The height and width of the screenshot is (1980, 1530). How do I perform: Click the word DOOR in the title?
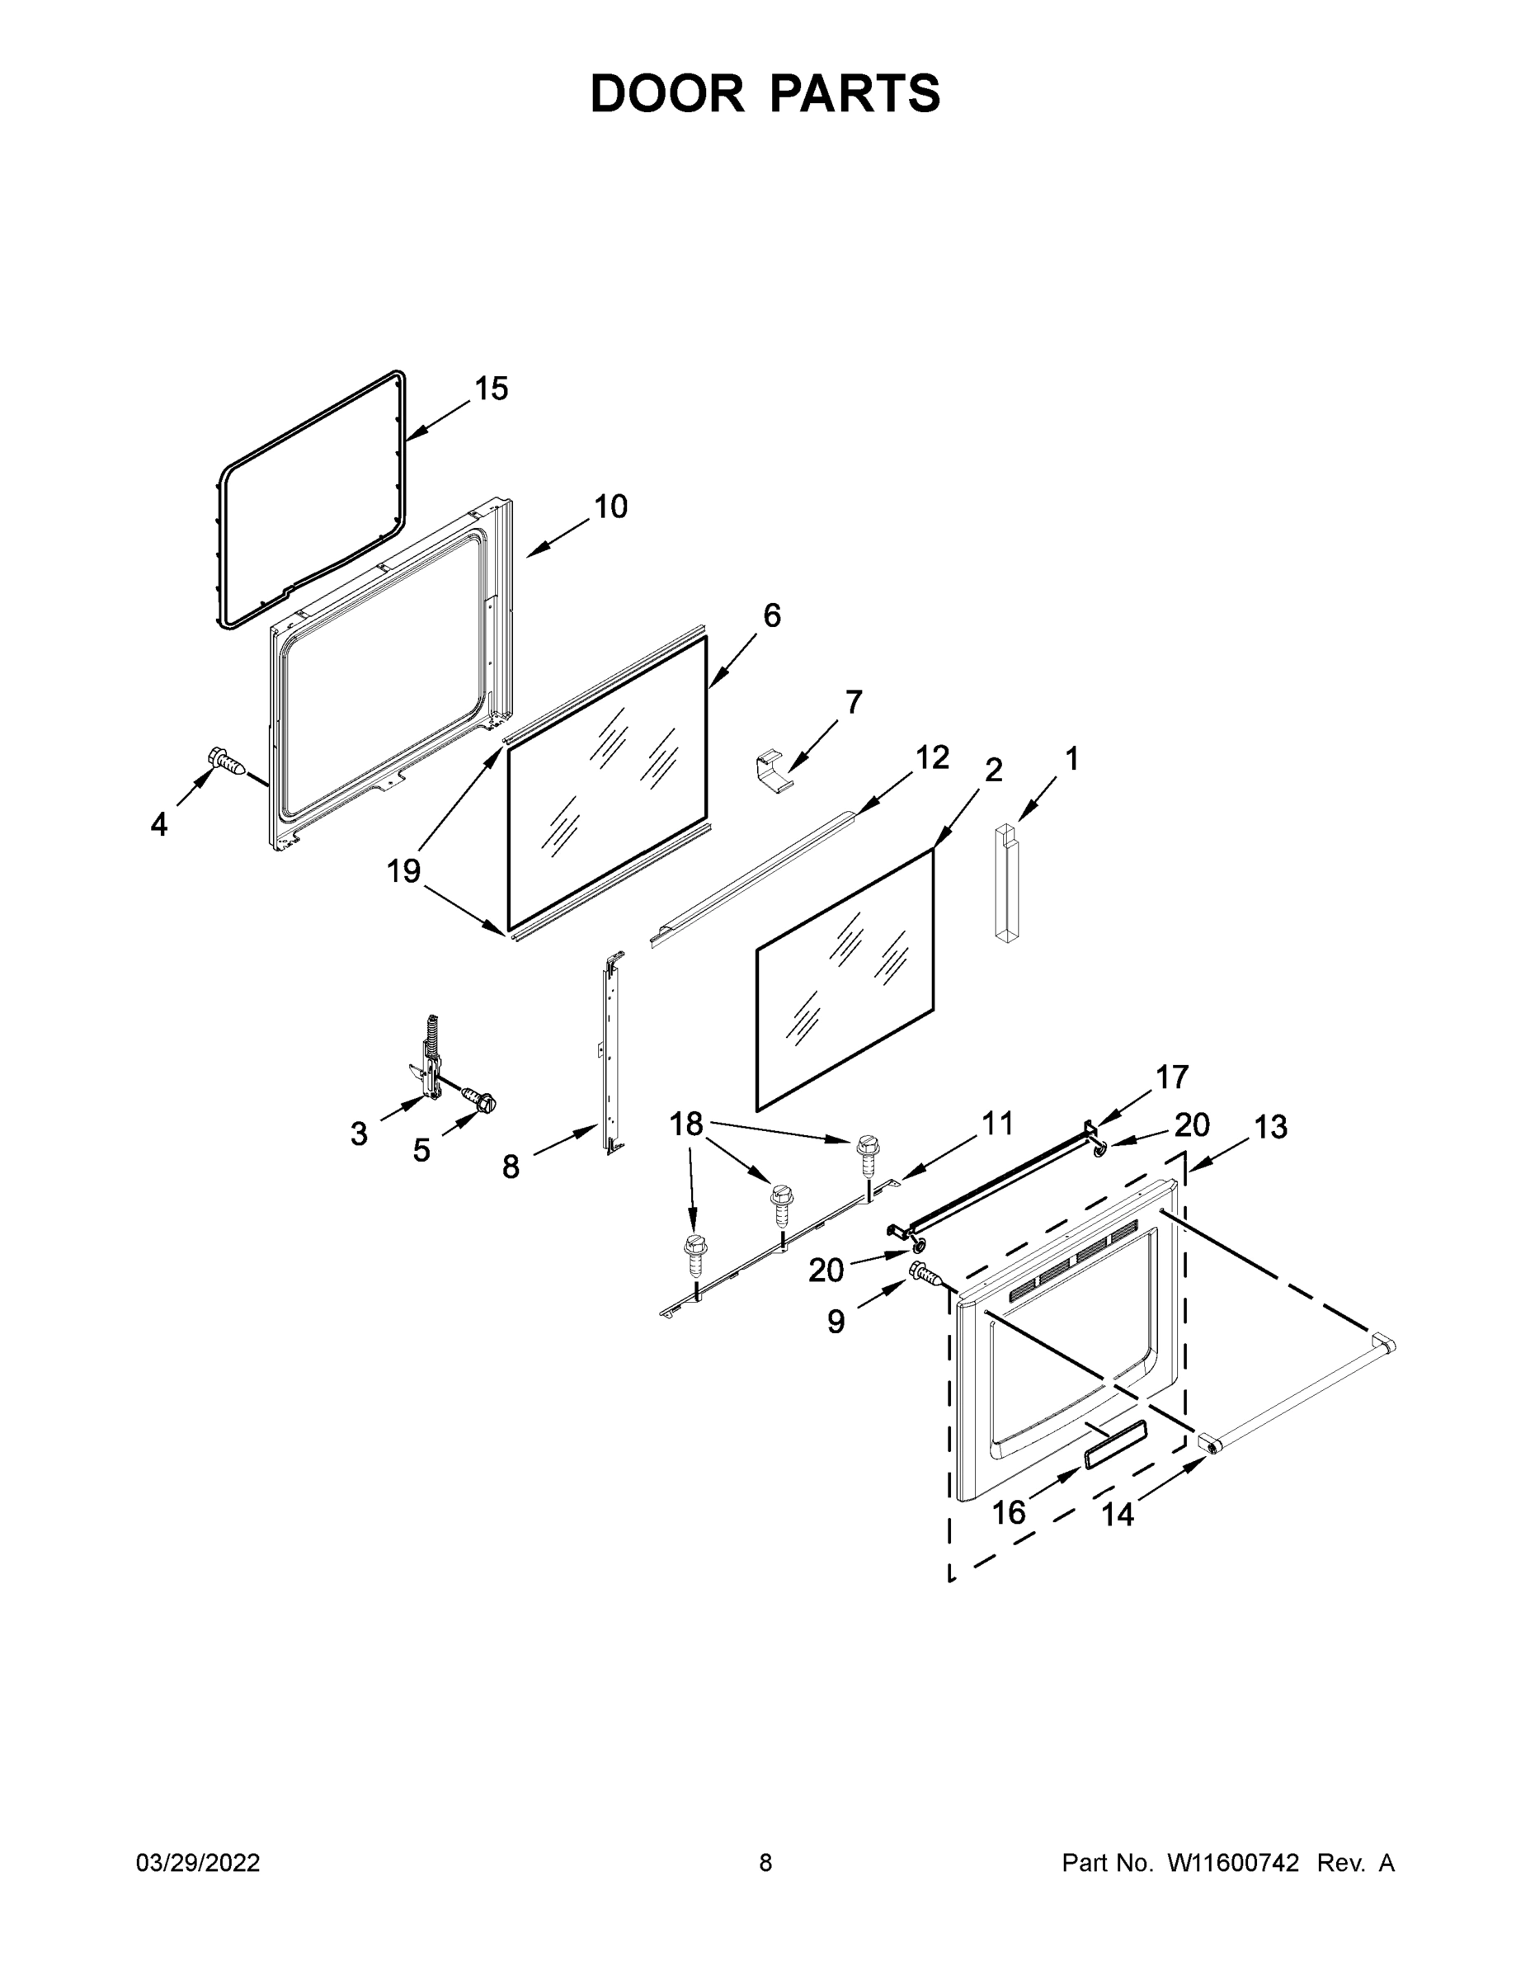pos(667,93)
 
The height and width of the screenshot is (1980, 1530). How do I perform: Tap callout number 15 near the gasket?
pos(492,389)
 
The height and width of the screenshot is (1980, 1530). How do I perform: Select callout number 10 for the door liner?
pos(611,507)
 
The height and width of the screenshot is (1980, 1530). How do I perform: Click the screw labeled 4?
pos(227,761)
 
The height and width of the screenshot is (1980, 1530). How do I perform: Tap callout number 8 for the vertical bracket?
pos(511,1167)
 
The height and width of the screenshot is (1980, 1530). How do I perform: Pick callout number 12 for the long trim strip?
pos(932,757)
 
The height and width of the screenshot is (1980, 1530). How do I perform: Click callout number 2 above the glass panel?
pos(993,771)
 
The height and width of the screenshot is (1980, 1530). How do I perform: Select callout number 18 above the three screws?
pos(686,1124)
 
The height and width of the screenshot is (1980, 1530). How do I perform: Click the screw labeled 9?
pos(925,1274)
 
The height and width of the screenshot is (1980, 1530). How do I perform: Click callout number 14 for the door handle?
pos(1118,1514)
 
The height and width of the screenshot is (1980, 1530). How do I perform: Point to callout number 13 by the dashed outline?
pos(1270,1127)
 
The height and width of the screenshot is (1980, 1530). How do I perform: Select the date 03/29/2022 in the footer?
pos(198,1863)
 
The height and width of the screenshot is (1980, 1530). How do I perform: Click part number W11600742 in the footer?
pos(1233,1863)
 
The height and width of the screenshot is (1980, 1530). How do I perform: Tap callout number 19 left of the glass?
pos(403,871)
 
